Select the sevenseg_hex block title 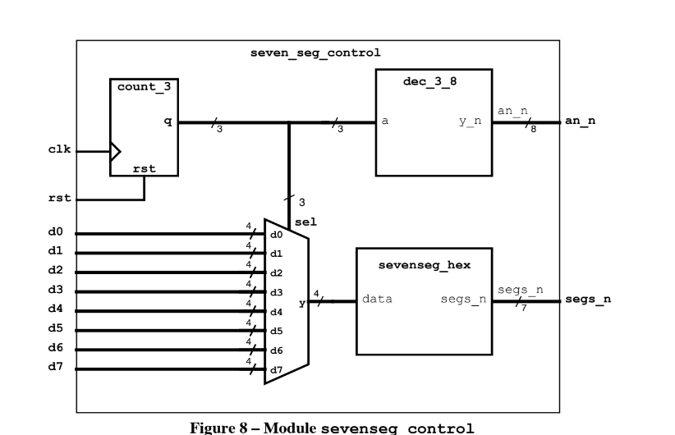(x=423, y=266)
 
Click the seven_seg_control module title (x=315, y=53)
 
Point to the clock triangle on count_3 (x=115, y=151)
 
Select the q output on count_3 (x=168, y=122)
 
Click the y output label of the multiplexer (x=302, y=303)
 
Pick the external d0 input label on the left (x=55, y=234)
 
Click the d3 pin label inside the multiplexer (x=277, y=292)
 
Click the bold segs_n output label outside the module (x=587, y=300)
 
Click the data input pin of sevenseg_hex (x=377, y=299)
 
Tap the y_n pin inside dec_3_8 (x=471, y=121)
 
